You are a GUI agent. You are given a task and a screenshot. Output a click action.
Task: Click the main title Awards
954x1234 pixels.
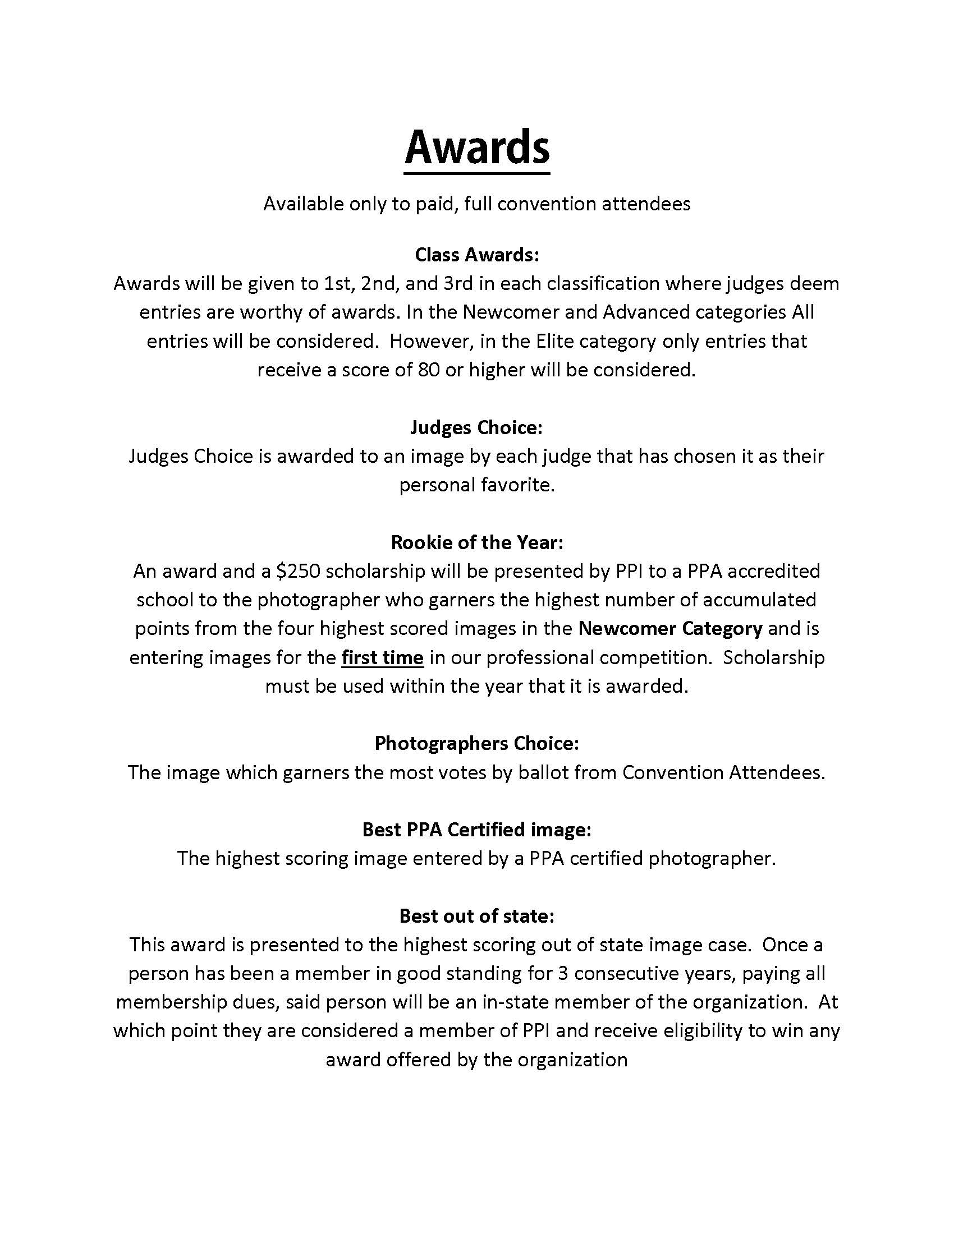click(477, 147)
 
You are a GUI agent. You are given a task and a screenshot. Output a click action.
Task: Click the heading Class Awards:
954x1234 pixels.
click(477, 255)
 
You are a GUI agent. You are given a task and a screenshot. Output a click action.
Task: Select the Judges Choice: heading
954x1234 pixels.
click(476, 428)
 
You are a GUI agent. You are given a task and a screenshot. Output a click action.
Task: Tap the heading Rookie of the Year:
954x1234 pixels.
click(477, 543)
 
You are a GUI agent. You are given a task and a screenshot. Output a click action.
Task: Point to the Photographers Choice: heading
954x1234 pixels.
click(477, 744)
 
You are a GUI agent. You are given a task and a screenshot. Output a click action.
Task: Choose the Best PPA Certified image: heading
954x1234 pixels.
click(477, 830)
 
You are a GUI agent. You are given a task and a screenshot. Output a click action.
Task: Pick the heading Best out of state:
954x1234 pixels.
click(477, 916)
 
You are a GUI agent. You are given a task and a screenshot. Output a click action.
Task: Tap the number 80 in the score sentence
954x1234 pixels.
click(428, 371)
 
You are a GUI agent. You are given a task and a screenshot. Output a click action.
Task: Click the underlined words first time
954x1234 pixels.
click(383, 659)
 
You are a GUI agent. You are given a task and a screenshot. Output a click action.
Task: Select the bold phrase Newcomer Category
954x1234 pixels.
click(670, 629)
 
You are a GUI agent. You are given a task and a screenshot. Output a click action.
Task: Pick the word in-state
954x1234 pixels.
click(515, 1002)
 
